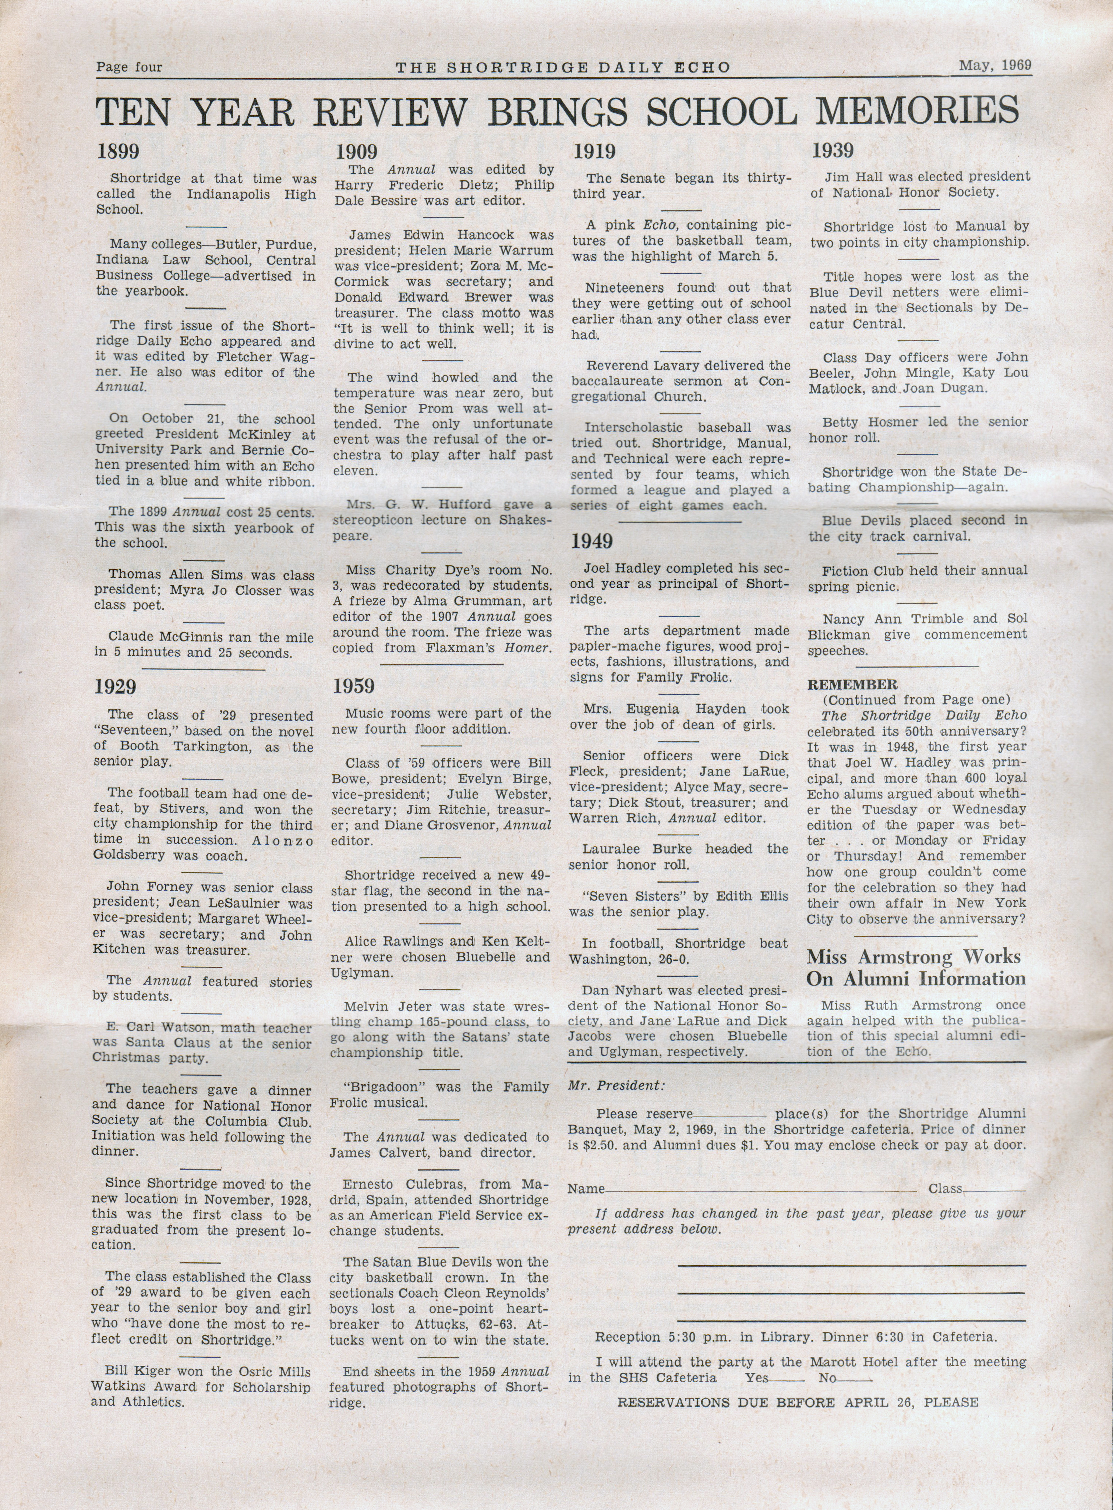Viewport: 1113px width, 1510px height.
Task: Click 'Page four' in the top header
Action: pos(129,67)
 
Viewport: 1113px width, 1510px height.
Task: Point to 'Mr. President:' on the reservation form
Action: pos(616,1086)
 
